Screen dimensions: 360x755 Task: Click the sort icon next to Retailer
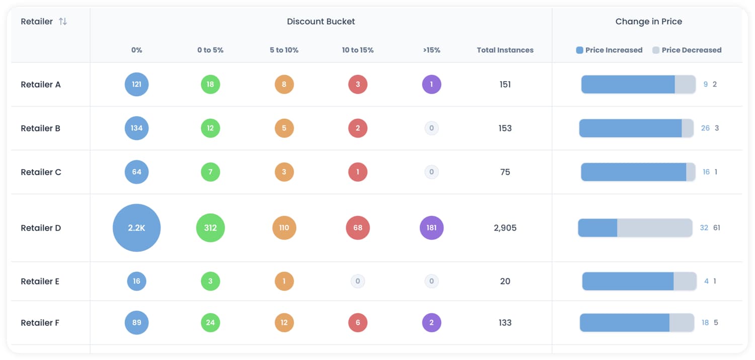point(63,22)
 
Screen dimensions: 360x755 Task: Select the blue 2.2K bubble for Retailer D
point(136,228)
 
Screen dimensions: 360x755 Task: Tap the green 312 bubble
point(210,228)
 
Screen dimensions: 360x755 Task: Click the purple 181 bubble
point(431,228)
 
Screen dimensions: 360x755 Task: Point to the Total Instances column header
point(505,50)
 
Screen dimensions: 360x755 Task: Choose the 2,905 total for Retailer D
point(505,228)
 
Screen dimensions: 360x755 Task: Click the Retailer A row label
point(41,85)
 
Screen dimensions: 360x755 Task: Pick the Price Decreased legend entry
point(687,50)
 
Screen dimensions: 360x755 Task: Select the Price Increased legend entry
point(610,50)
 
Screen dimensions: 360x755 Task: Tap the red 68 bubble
point(358,228)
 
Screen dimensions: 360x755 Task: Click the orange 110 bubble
point(284,228)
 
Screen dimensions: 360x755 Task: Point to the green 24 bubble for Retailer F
point(210,323)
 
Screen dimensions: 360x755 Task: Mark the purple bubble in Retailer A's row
point(431,85)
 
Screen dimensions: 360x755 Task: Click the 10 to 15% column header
point(358,50)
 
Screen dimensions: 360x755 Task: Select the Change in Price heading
point(648,22)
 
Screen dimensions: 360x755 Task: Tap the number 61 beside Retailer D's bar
point(717,228)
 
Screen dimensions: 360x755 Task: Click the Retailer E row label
point(40,281)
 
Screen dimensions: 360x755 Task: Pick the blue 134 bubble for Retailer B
point(136,128)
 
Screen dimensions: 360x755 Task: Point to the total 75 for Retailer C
point(505,172)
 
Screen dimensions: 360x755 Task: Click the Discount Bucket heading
point(321,22)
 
